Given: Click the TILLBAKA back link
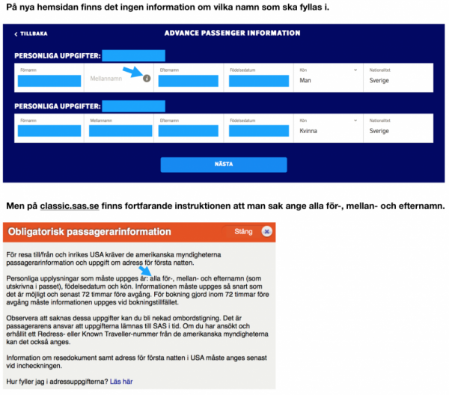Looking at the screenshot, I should click(x=31, y=34).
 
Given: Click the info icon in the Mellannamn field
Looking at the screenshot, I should click(x=147, y=78).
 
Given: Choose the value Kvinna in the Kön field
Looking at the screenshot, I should click(x=310, y=130).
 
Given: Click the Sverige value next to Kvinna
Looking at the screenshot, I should click(x=379, y=130).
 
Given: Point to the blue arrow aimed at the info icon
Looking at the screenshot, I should click(x=133, y=72).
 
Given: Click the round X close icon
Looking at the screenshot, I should click(x=267, y=232).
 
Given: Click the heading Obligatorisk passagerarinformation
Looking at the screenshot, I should click(x=90, y=232).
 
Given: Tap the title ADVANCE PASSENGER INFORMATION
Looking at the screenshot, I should click(x=232, y=34).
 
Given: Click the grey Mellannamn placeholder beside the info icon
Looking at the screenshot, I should click(x=106, y=78).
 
